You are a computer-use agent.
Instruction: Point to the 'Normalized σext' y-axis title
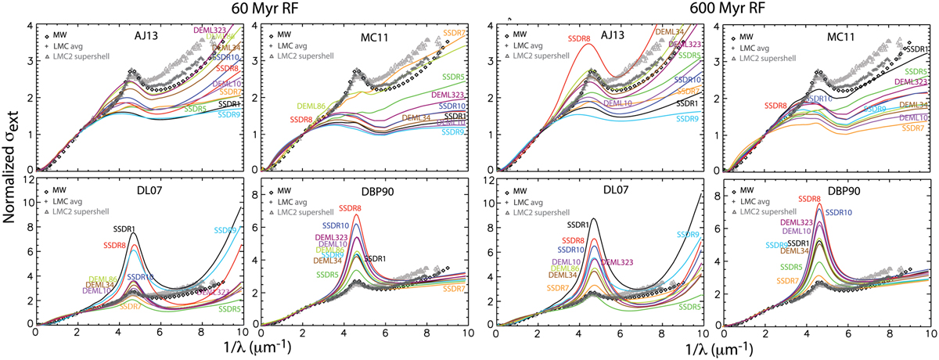[x=10, y=178]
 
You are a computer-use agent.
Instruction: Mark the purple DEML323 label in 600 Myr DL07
[x=620, y=262]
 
